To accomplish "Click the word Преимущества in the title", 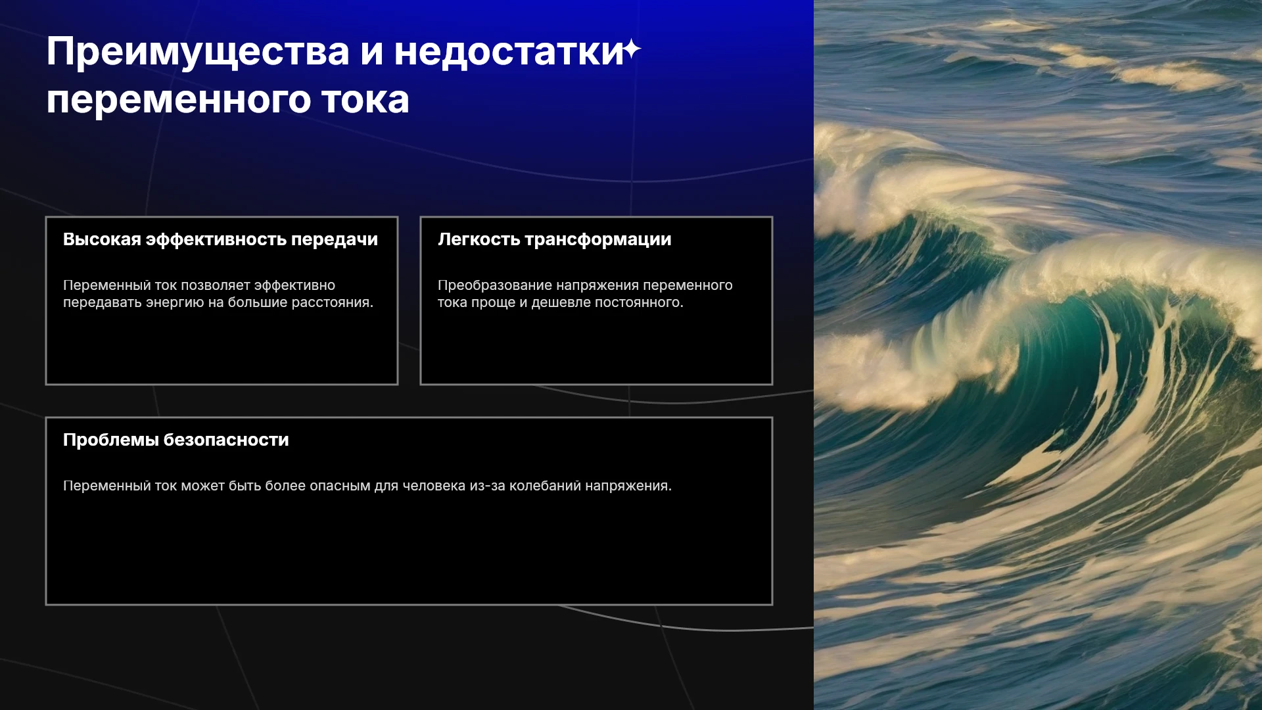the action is pyautogui.click(x=198, y=53).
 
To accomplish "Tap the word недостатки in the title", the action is pyautogui.click(x=509, y=51).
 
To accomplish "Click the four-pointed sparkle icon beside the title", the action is pyautogui.click(x=632, y=49).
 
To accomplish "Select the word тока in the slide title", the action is pyautogui.click(x=365, y=100).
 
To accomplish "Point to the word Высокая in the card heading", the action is pyautogui.click(x=102, y=239).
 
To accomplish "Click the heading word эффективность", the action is pyautogui.click(x=216, y=239).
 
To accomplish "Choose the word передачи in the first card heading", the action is pyautogui.click(x=335, y=240).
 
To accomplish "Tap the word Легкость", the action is pyautogui.click(x=479, y=239).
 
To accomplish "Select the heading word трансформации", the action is pyautogui.click(x=598, y=240).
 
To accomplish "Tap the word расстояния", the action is pyautogui.click(x=336, y=302).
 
